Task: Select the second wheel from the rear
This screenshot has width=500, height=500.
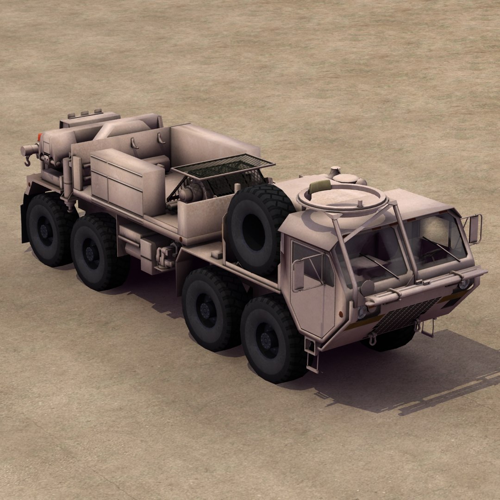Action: [x=95, y=252]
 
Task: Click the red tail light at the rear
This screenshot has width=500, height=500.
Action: [x=39, y=137]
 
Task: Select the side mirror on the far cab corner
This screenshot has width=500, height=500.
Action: [x=473, y=229]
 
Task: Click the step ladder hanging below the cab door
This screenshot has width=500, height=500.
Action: [x=312, y=354]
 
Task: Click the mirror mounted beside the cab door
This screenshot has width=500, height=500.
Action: [x=298, y=275]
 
